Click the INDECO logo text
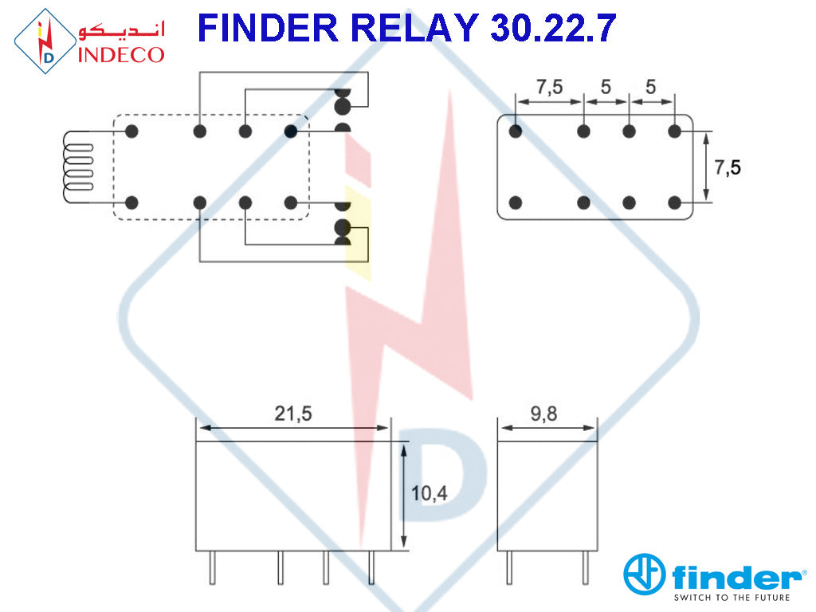tap(121, 54)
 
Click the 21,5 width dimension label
tap(293, 414)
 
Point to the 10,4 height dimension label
tap(430, 493)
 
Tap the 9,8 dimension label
tap(547, 414)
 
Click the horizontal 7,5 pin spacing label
tap(549, 87)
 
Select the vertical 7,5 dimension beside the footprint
tap(728, 167)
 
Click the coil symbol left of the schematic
tap(78, 167)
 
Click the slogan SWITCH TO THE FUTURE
tap(732, 597)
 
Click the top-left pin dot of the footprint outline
tap(516, 131)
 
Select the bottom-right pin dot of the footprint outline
tap(675, 202)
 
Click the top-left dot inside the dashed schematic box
tap(133, 131)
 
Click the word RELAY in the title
tap(413, 29)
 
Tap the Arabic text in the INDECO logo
tap(121, 32)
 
